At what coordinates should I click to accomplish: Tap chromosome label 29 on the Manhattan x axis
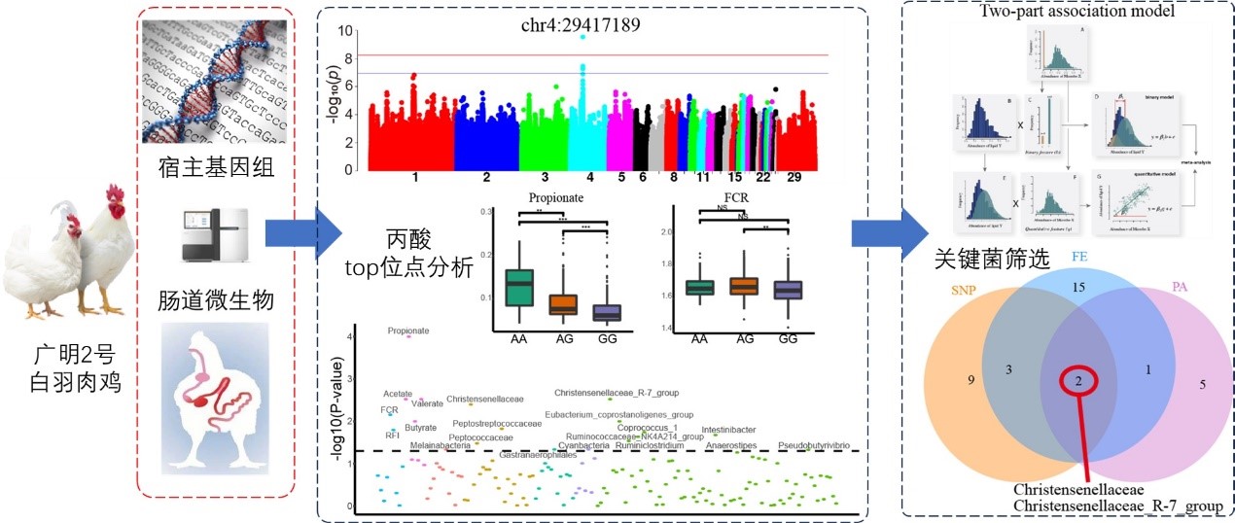[x=794, y=178]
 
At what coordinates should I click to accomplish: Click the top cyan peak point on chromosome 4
[x=582, y=37]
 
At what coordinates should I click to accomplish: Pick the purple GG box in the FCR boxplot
[x=788, y=290]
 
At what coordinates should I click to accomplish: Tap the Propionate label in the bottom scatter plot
[x=407, y=331]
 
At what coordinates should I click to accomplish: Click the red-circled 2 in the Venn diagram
[x=1077, y=382]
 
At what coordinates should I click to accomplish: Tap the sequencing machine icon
[x=216, y=232]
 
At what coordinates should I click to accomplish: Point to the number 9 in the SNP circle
[x=970, y=379]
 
